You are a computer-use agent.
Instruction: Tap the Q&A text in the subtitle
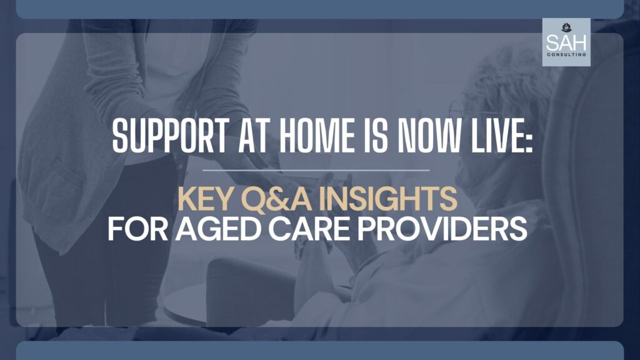tap(273, 200)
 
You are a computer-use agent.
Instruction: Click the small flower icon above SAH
tap(566, 27)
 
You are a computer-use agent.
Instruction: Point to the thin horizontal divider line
tap(319, 169)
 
